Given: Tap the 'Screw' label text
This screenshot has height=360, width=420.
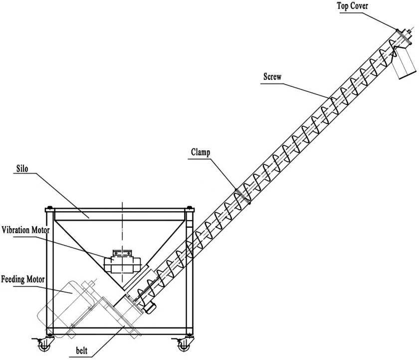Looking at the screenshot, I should click(x=272, y=77).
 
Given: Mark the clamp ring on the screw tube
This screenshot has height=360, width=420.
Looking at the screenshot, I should click(x=242, y=196).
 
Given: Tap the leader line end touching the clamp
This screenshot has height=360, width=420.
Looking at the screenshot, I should click(x=236, y=188).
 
